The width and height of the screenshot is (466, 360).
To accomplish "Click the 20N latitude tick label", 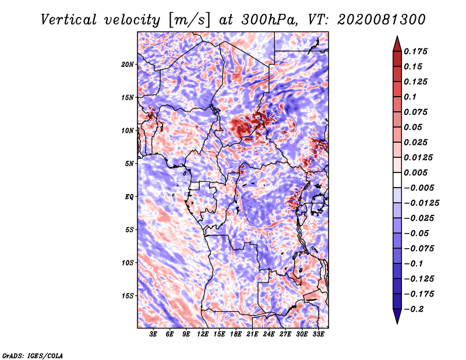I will point(128,64).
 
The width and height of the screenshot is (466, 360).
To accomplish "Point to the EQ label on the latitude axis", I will point(129,196).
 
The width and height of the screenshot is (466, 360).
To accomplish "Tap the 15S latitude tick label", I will point(128,295).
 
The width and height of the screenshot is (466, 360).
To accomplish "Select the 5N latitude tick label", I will point(129,163).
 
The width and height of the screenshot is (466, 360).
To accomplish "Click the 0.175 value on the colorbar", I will point(416,51).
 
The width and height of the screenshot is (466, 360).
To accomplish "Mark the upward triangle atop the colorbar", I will point(396,43).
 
